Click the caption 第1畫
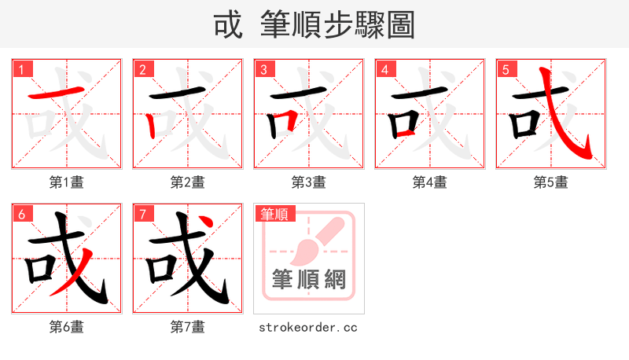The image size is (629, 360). (67, 182)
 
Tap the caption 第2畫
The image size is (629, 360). (188, 182)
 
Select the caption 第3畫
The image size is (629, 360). (309, 182)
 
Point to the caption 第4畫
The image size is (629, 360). (430, 182)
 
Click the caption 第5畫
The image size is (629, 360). (551, 182)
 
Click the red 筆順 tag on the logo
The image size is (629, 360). (274, 214)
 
